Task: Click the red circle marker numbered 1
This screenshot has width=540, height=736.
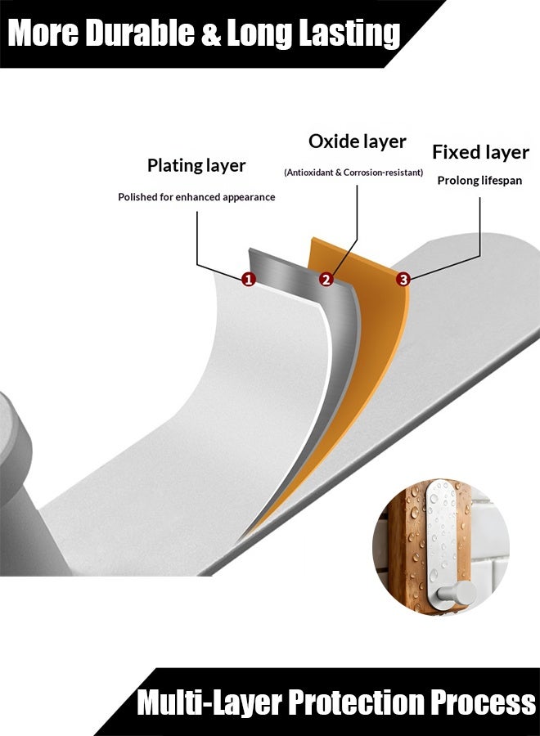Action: click(x=249, y=280)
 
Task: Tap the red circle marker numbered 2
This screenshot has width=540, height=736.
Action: click(x=326, y=280)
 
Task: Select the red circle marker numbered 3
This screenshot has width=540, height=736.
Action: click(x=403, y=280)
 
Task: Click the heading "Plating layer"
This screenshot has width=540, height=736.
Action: click(x=196, y=166)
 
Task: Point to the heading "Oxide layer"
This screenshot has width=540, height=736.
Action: click(x=358, y=141)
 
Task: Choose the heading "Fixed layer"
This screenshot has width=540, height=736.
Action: click(x=480, y=152)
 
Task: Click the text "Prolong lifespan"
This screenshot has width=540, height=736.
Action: click(x=479, y=181)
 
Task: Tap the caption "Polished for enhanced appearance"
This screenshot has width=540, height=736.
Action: click(x=196, y=197)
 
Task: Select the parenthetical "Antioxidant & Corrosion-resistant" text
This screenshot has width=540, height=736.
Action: click(x=353, y=173)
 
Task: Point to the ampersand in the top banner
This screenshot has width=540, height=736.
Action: click(x=211, y=33)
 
